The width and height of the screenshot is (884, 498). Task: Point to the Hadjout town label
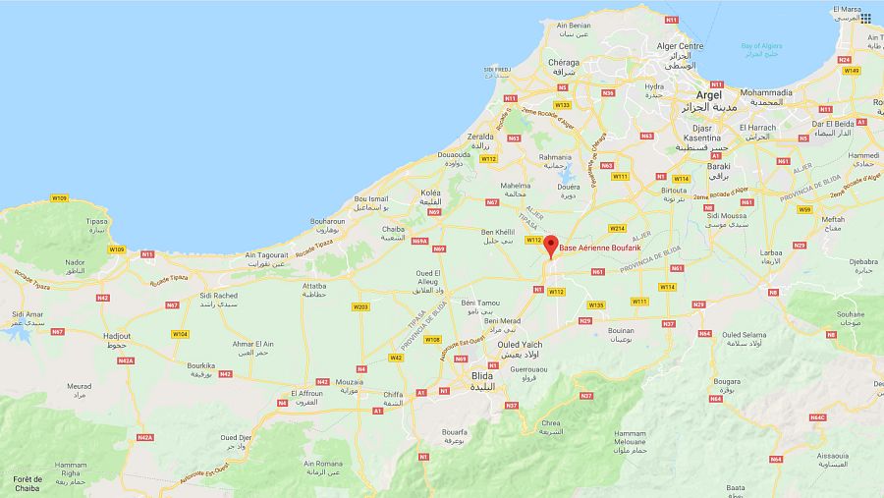coord(116,336)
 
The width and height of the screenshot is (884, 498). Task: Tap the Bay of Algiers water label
coord(760,46)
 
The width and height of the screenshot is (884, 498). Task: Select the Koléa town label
coord(430,193)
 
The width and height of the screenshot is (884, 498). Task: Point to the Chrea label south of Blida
coord(552,423)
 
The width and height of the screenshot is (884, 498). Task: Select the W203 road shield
coord(360,307)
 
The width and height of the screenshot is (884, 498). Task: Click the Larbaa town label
coord(771,252)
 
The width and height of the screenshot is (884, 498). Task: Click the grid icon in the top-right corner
coord(865,19)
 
